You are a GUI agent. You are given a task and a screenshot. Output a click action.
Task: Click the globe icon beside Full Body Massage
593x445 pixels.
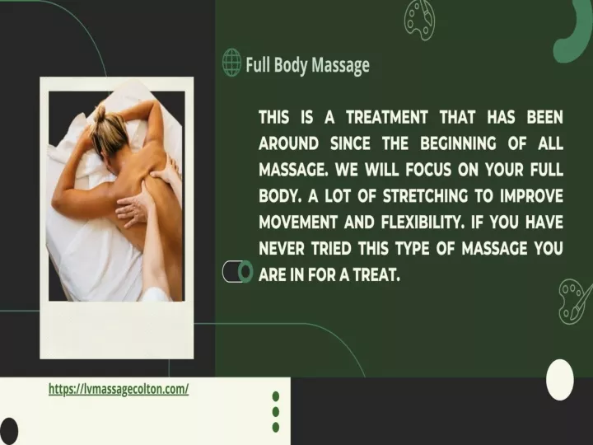point(231,62)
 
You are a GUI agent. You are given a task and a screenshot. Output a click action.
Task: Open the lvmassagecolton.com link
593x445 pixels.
point(119,389)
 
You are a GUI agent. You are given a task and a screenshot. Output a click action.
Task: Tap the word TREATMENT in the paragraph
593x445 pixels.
point(387,117)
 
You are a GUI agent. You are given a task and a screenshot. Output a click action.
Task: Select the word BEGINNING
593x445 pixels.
point(458,143)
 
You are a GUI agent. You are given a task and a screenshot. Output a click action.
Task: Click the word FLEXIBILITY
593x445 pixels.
point(423,222)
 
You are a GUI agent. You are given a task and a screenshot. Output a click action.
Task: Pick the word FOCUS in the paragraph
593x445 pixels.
point(428,170)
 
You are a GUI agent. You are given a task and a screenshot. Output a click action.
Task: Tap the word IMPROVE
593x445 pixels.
point(531,196)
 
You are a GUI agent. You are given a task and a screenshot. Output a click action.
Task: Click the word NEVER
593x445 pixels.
point(282,249)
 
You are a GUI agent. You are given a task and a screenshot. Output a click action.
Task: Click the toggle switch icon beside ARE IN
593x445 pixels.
point(237,271)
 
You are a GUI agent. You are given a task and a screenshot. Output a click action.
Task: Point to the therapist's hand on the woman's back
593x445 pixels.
point(133,209)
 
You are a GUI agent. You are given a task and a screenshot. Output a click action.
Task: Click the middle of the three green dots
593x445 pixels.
point(276,411)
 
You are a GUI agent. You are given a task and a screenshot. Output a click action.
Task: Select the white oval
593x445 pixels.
point(560,380)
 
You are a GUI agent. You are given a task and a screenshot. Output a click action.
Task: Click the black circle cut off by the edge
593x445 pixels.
point(8,431)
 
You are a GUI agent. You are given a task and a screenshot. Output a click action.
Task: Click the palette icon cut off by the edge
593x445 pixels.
point(575,302)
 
